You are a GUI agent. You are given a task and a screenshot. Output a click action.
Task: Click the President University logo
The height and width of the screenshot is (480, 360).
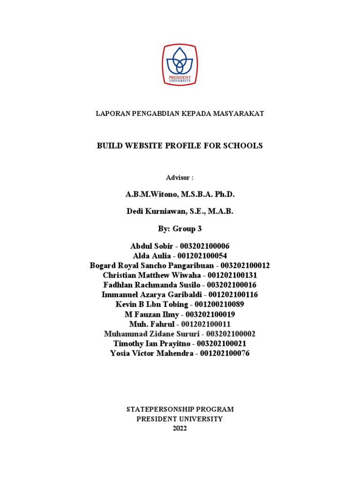point(180,65)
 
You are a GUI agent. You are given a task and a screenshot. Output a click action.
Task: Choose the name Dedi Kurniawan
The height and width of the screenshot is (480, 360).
point(153,211)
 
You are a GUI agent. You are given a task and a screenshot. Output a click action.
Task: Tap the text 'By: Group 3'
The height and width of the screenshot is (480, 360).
point(180,229)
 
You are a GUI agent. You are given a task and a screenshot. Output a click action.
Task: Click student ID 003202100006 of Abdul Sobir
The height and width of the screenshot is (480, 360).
point(205,246)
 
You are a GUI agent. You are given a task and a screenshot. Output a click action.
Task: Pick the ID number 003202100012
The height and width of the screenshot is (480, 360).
point(242,265)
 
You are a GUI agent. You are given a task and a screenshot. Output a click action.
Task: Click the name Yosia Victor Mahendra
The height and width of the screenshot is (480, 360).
point(152,353)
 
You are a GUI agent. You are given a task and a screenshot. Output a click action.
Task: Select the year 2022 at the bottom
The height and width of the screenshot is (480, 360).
point(180,428)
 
